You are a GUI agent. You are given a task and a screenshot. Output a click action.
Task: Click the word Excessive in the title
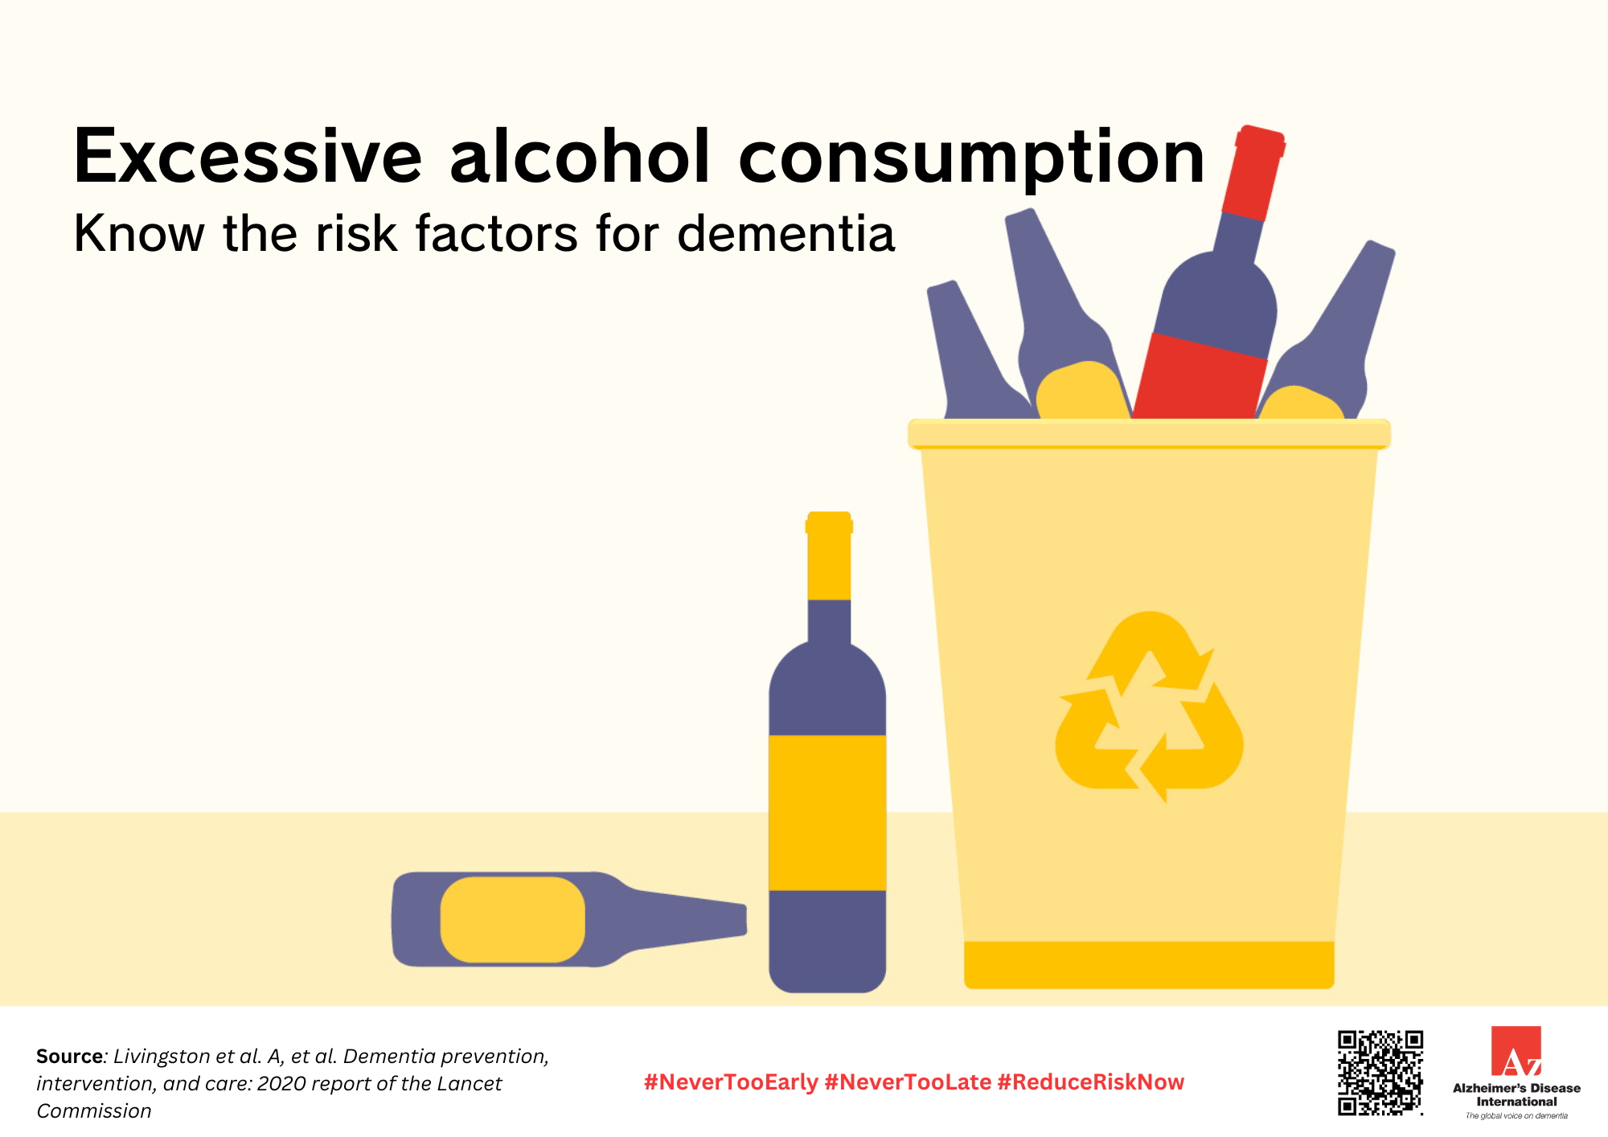(x=248, y=156)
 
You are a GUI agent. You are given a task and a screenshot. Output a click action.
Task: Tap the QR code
(x=1380, y=1073)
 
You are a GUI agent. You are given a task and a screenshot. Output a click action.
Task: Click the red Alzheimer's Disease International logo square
(x=1516, y=1050)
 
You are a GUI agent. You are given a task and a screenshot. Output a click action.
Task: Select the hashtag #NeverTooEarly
(x=731, y=1082)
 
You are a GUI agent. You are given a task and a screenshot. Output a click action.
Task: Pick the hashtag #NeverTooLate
(x=908, y=1082)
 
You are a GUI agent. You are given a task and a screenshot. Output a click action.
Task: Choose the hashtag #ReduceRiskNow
(x=1091, y=1082)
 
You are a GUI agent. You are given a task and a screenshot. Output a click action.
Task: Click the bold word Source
(x=70, y=1056)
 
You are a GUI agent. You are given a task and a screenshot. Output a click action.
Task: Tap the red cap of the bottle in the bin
(x=1253, y=172)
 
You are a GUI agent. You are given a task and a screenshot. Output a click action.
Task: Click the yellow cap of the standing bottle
(x=829, y=556)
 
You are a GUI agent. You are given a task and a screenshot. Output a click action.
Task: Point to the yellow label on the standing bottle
(x=827, y=813)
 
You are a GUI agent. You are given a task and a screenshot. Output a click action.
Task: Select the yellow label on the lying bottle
(x=513, y=919)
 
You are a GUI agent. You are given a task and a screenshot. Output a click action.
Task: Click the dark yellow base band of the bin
(x=1149, y=964)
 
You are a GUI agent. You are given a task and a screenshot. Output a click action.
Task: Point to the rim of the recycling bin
(x=1149, y=433)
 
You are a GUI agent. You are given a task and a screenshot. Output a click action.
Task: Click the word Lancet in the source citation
(x=469, y=1083)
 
